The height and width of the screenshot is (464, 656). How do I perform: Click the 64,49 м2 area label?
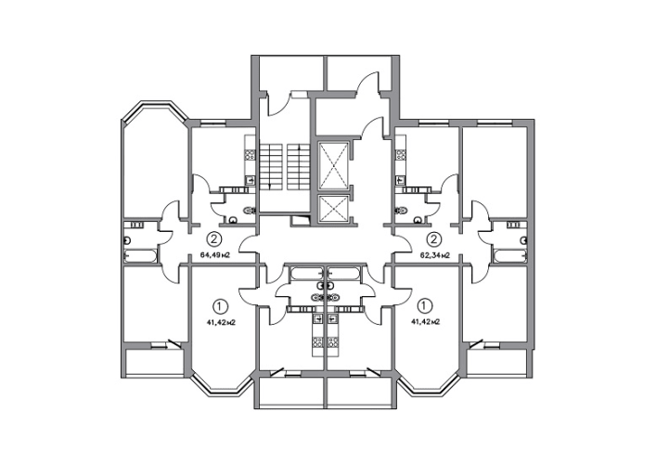pos(216,255)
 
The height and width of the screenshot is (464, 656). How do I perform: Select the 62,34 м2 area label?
pos(435,255)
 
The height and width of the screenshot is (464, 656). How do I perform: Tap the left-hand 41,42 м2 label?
pos(223,322)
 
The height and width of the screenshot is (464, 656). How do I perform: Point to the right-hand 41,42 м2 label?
pos(425,322)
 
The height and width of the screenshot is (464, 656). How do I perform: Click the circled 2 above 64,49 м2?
pos(214,239)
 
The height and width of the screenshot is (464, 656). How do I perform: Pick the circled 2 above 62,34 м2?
pos(434,239)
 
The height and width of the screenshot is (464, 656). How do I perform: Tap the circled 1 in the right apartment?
pos(426,306)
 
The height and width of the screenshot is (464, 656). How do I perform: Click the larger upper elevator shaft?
pos(333,166)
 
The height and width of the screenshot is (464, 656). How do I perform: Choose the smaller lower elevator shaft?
pos(333,210)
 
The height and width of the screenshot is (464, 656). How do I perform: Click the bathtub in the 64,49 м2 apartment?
pos(141,255)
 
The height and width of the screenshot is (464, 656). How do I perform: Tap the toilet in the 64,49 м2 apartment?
pos(250,211)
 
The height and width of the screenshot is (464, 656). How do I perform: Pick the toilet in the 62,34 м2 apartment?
pos(401,211)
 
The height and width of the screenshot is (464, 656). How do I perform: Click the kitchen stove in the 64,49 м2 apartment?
pos(250,156)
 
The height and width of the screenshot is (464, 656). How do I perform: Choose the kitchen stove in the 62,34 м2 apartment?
pos(401,155)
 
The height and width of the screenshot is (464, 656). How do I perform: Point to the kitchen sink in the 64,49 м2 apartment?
pos(250,180)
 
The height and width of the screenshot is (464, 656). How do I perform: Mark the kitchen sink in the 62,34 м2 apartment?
pos(401,180)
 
